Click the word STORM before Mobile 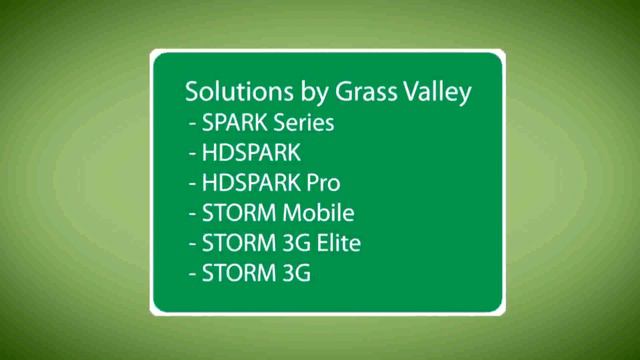click(236, 213)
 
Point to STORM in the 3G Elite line click(236, 242)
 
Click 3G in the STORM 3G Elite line click(294, 242)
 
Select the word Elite click(338, 242)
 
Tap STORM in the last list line click(236, 271)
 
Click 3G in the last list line click(294, 271)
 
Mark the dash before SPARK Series click(191, 126)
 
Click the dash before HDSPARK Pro click(191, 185)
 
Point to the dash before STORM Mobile click(191, 214)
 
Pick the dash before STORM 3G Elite click(191, 243)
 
